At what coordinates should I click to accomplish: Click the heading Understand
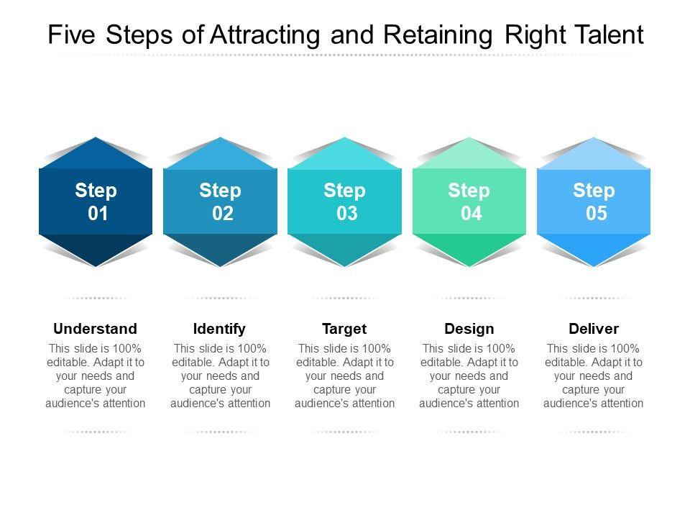(95, 329)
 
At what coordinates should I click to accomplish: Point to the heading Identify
(220, 329)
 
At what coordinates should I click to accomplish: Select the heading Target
(344, 329)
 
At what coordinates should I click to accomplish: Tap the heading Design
(469, 329)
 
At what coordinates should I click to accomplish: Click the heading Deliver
(594, 329)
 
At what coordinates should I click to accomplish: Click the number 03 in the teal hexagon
(347, 214)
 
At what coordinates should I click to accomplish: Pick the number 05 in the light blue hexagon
(597, 214)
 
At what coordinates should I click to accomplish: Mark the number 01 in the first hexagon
(98, 214)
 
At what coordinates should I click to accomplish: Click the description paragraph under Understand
(95, 376)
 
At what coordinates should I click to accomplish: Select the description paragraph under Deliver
(594, 376)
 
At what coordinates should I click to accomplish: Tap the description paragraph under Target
(344, 376)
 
